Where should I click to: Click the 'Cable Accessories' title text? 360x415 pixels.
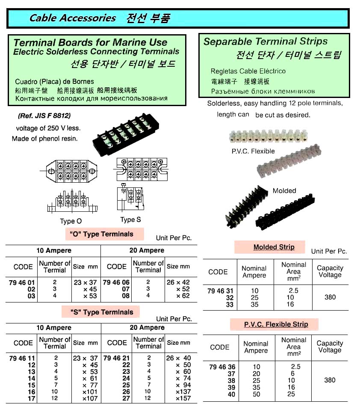click(x=73, y=18)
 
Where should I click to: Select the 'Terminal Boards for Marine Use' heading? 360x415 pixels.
click(x=90, y=42)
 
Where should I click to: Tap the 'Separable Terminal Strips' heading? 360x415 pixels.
click(x=265, y=41)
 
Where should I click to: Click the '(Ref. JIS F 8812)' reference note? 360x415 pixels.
click(x=44, y=116)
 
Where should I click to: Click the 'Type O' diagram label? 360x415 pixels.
click(x=71, y=221)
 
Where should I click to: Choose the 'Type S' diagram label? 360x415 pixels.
click(x=130, y=219)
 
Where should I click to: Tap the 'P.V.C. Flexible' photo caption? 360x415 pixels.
click(x=254, y=151)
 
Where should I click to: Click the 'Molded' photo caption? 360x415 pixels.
click(x=284, y=190)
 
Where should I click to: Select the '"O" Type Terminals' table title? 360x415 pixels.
click(x=101, y=234)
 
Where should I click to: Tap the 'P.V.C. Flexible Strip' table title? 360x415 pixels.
click(x=276, y=324)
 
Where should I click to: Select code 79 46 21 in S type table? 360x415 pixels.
click(x=116, y=358)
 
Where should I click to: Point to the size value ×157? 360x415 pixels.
click(x=183, y=399)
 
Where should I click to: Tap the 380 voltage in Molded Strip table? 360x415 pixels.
click(x=330, y=297)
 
